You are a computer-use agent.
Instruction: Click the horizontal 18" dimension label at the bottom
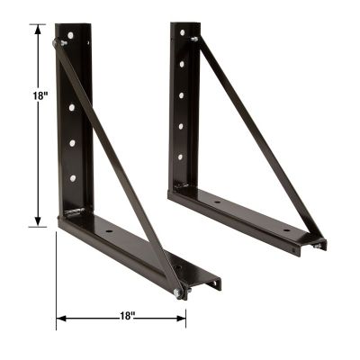pyautogui.click(x=125, y=316)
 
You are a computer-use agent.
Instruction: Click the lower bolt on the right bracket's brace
pyautogui.click(x=317, y=242)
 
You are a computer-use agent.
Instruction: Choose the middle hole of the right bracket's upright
pyautogui.click(x=184, y=94)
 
